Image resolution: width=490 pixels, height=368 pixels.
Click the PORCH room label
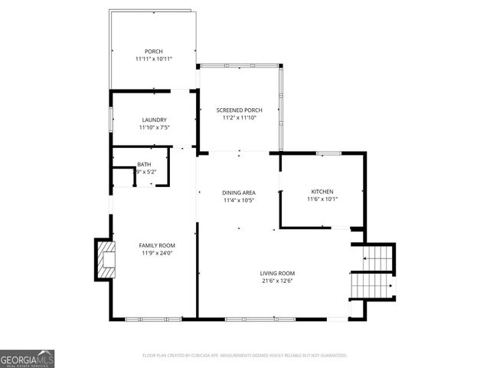tap(154, 51)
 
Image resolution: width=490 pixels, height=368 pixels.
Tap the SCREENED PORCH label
tap(238, 110)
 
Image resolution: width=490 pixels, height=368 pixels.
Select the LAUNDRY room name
tap(154, 120)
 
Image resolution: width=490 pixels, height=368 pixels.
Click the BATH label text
tap(144, 165)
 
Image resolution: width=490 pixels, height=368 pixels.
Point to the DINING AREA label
tap(238, 192)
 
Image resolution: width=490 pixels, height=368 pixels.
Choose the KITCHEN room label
tap(322, 191)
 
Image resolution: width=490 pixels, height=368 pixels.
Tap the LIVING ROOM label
tap(277, 273)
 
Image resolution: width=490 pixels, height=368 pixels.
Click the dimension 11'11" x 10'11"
tap(154, 59)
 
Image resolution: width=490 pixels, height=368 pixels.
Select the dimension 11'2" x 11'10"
tap(238, 118)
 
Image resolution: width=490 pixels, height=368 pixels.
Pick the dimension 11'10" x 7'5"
tap(154, 127)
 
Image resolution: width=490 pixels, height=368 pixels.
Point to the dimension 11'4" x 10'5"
tap(238, 200)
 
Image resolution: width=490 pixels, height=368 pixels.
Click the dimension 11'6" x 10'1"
tap(322, 199)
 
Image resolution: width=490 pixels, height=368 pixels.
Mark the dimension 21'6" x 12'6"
tap(277, 281)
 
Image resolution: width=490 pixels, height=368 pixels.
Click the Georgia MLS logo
tap(27, 358)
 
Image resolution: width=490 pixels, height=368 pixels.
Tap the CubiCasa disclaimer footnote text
tap(245, 355)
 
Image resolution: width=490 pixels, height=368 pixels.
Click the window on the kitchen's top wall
tap(328, 153)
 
